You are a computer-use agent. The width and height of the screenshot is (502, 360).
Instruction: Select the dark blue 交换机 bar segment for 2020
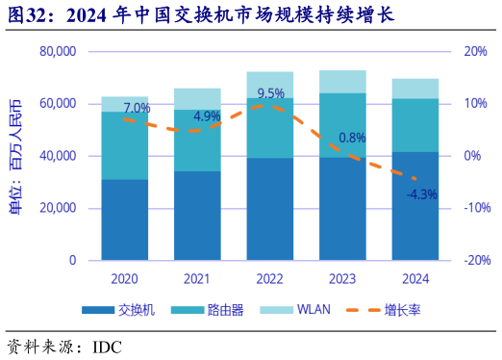coord(125,219)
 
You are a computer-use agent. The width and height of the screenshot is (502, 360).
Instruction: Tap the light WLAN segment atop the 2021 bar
coord(197,98)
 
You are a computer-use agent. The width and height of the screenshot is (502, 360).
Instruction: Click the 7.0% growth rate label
coord(137,108)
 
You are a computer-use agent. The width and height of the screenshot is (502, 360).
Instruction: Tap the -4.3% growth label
coord(421,193)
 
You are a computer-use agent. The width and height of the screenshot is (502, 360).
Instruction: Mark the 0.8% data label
coord(352,138)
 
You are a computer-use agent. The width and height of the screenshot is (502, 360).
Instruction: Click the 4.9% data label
coord(207,117)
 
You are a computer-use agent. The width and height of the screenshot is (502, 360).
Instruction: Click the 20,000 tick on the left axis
coord(59,208)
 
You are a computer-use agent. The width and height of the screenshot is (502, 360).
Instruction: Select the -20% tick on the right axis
coord(477,260)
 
